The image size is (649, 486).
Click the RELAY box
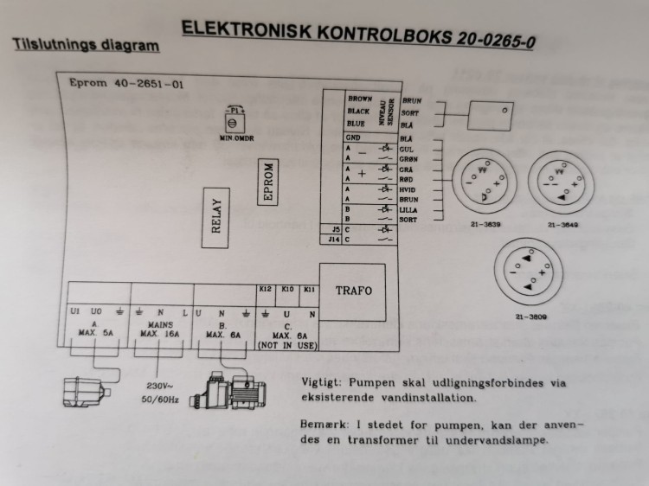point(217,217)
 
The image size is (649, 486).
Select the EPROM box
point(269,182)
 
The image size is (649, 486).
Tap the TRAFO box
point(353,291)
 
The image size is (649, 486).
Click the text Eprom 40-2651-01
point(125,85)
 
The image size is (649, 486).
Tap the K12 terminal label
point(266,289)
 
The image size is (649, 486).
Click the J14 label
point(336,240)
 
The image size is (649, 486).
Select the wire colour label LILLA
point(410,209)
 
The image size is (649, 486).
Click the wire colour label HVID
point(409,189)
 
